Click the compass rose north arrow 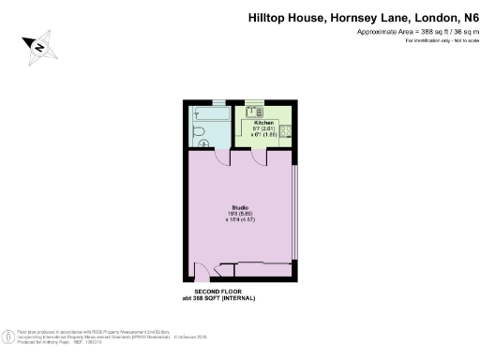(40, 45)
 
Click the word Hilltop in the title (268, 17)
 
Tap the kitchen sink (252, 111)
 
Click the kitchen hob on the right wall (290, 131)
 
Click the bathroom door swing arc (223, 158)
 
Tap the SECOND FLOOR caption (217, 292)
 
